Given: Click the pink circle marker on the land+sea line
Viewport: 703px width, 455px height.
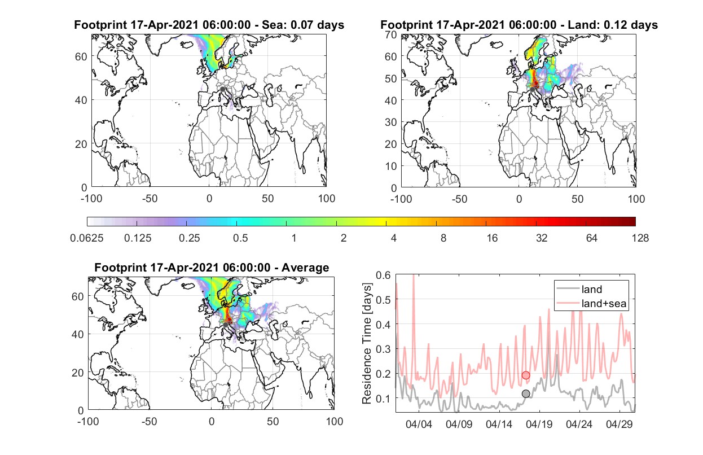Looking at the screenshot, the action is point(526,375).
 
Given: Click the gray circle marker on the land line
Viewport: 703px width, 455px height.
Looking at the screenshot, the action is point(526,394).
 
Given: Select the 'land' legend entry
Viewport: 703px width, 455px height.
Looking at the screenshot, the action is point(592,289).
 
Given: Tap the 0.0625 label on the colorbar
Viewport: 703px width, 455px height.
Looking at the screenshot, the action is point(87,238).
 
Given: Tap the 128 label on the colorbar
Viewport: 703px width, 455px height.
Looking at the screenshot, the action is point(640,238).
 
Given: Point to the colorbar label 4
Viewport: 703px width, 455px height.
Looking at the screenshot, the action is point(394,238).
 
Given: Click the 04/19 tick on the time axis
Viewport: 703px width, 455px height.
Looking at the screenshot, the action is point(539,424).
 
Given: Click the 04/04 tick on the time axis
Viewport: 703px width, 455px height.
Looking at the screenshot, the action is point(419,424).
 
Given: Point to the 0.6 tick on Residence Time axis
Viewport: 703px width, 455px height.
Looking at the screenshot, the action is point(383,275).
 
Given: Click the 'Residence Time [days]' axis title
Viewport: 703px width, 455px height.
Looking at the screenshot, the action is point(367,344).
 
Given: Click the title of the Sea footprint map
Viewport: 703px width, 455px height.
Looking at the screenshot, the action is point(209,25).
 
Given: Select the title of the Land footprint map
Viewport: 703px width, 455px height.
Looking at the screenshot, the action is point(519,25).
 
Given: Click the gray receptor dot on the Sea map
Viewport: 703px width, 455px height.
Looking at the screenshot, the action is point(222,89).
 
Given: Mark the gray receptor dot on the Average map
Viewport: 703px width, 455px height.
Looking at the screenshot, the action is point(225,325).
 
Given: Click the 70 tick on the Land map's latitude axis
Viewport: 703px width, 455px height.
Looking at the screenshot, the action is point(391,34).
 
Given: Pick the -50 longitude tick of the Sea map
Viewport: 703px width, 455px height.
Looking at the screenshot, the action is point(150,199).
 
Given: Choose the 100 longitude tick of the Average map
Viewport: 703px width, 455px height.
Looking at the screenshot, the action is point(335,421).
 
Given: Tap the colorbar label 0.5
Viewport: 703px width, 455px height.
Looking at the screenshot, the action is point(240,238).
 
